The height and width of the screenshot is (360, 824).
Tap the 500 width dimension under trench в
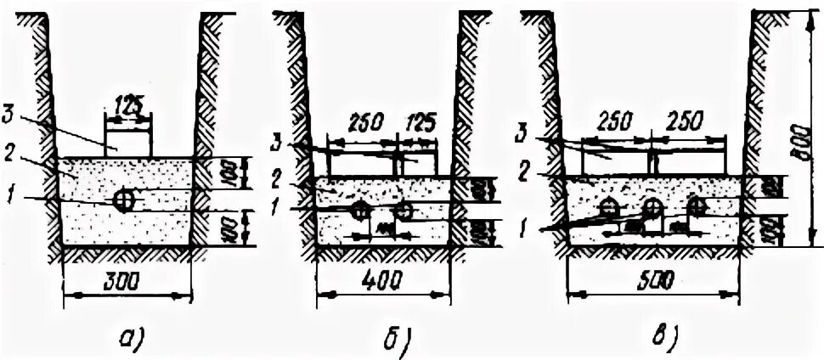653,278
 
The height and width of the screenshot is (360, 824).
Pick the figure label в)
663,339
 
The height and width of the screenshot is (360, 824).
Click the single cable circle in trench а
125,200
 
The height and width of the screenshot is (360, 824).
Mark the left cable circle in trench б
360,210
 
